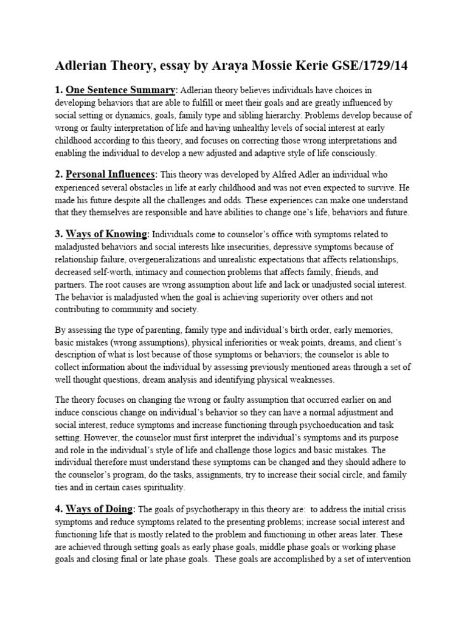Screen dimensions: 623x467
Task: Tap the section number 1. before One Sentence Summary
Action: [x=59, y=91]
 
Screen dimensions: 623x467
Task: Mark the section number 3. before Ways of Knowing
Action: [x=59, y=234]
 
